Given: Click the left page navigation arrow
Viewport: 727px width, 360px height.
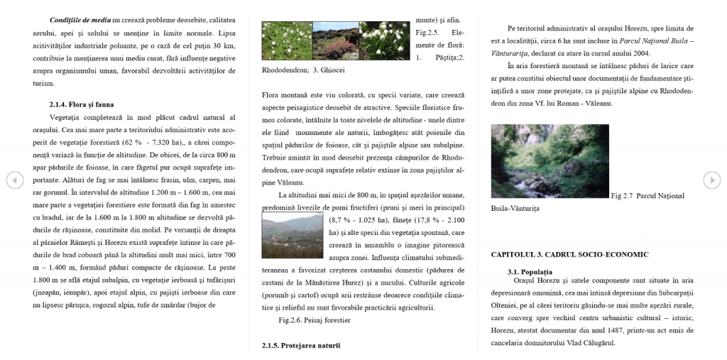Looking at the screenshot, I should point(14,180).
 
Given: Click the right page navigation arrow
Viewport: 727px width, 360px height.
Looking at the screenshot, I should point(711,180).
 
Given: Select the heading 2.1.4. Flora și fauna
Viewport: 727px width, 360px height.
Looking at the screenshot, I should point(82,104).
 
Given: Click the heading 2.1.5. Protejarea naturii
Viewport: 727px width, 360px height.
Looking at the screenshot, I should point(301,345).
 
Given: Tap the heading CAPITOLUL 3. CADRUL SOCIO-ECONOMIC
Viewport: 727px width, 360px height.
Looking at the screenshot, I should point(569,254).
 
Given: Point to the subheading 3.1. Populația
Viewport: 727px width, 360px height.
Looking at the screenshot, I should point(530,272).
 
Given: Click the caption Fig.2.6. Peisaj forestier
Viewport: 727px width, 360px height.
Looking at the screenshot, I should point(315,320).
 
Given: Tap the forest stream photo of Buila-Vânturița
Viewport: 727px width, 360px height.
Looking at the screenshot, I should point(549,161).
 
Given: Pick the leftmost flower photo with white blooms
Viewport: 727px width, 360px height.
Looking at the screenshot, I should point(287,40).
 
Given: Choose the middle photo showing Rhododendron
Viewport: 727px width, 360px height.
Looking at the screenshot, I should point(335,40).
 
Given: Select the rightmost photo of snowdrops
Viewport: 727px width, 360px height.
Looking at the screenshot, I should point(384,40).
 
